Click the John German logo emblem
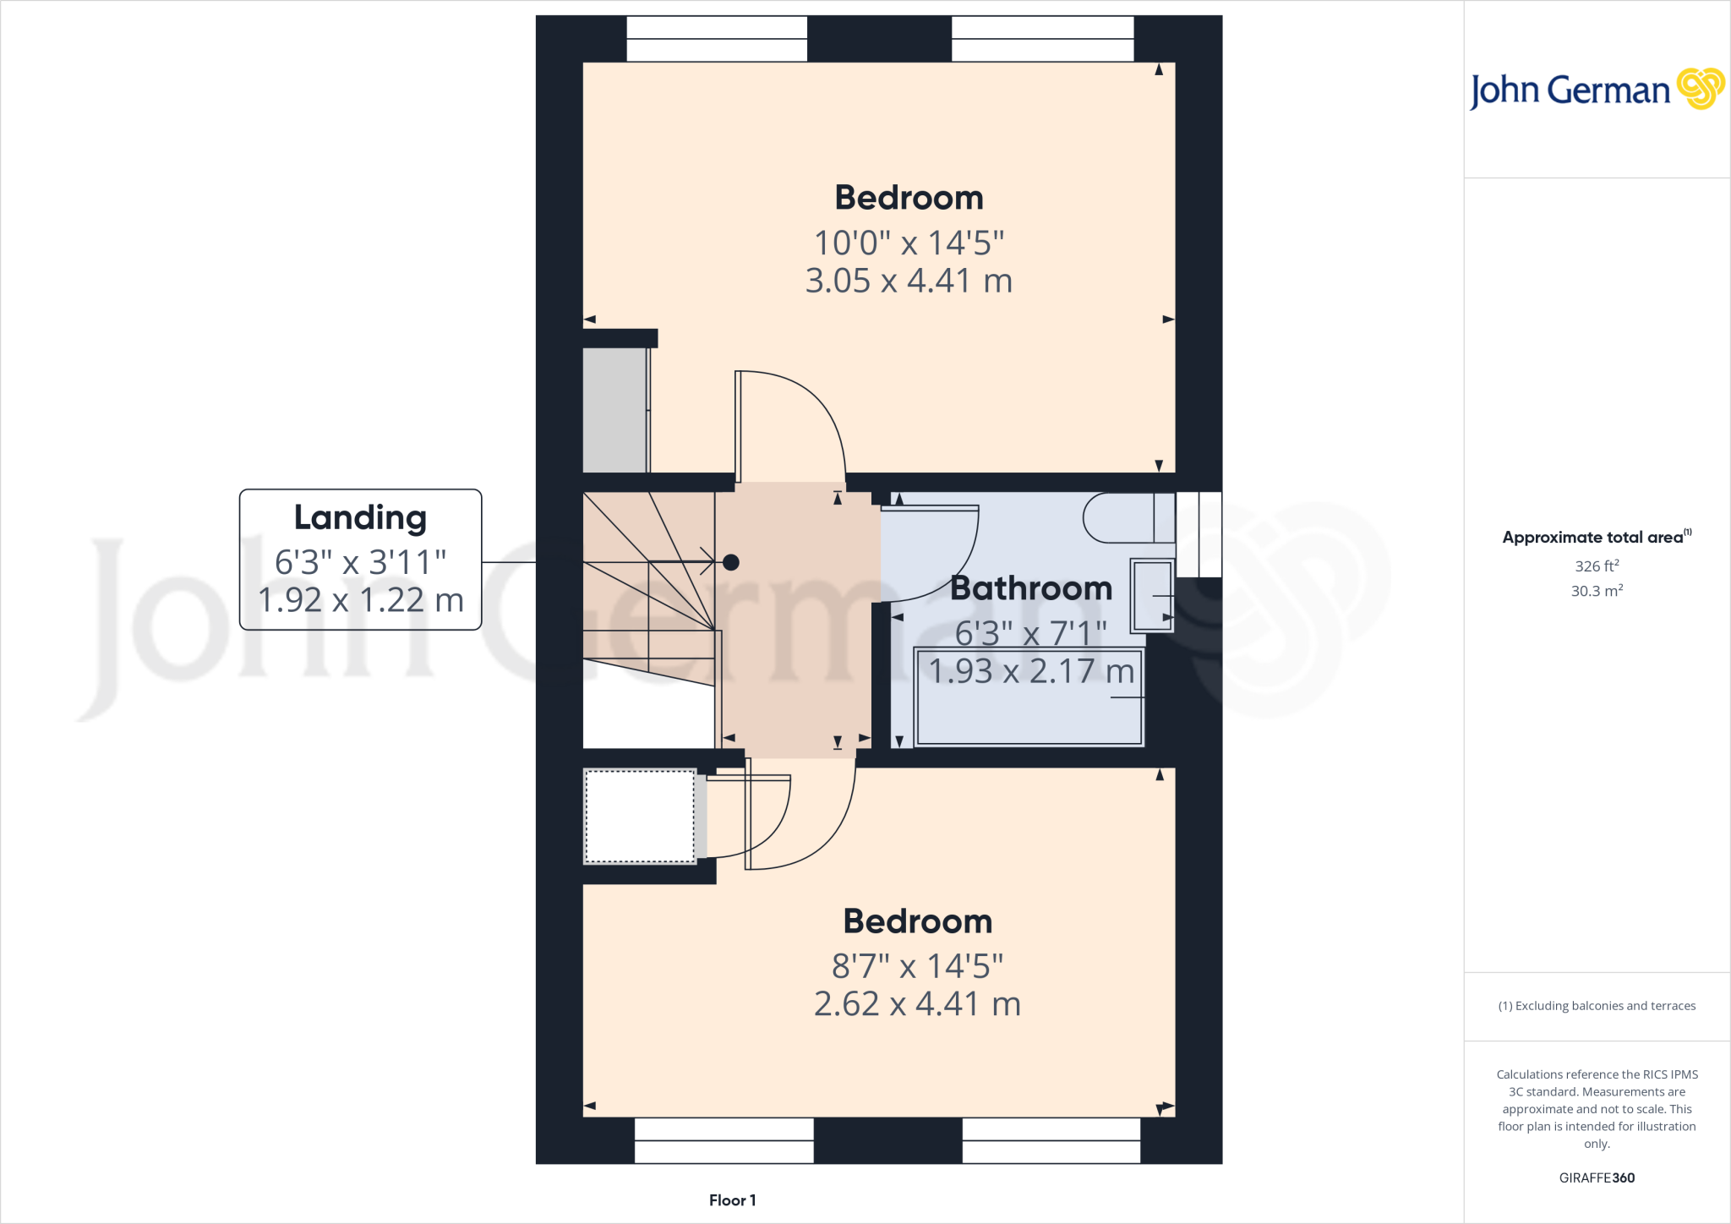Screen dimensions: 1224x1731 pyautogui.click(x=1700, y=89)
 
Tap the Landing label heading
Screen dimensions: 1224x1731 pyautogui.click(x=360, y=517)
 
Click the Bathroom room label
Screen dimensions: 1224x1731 pyautogui.click(x=1031, y=588)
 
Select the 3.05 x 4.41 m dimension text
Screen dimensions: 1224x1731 pyautogui.click(x=909, y=281)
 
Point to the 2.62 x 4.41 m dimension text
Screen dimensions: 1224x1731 pyautogui.click(x=917, y=1004)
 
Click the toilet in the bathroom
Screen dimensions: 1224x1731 pyautogui.click(x=1124, y=517)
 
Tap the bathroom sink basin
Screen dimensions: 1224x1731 pyautogui.click(x=1153, y=595)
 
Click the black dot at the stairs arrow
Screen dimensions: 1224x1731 pyautogui.click(x=731, y=562)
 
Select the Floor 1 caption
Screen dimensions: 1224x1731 pyautogui.click(x=732, y=1200)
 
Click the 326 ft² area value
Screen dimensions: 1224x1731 pyautogui.click(x=1597, y=566)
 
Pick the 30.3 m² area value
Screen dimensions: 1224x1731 pyautogui.click(x=1597, y=591)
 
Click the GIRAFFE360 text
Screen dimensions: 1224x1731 pyautogui.click(x=1597, y=1178)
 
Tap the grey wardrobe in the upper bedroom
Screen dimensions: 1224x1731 pyautogui.click(x=615, y=410)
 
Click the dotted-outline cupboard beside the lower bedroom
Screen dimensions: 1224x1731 pyautogui.click(x=640, y=817)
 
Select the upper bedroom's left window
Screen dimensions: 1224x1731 pyautogui.click(x=717, y=39)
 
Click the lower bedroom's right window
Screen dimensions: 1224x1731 pyautogui.click(x=1051, y=1140)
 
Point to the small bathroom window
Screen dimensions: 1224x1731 pyautogui.click(x=1199, y=534)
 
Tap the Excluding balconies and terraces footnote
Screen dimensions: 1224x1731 pyautogui.click(x=1597, y=1006)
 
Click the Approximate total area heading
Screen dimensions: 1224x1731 pyautogui.click(x=1593, y=538)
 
